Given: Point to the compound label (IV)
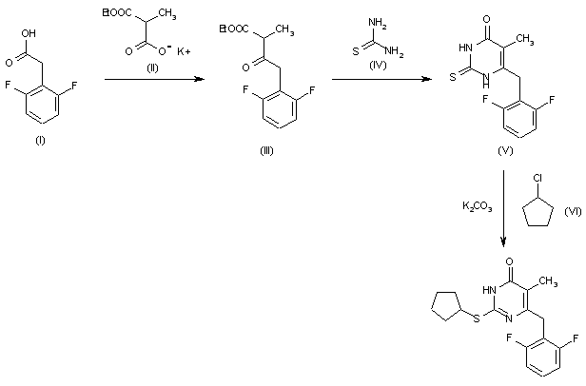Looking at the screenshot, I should pyautogui.click(x=376, y=68).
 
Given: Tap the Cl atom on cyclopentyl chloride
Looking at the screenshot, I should pyautogui.click(x=538, y=178).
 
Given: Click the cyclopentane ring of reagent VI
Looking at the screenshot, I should pyautogui.click(x=537, y=220).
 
